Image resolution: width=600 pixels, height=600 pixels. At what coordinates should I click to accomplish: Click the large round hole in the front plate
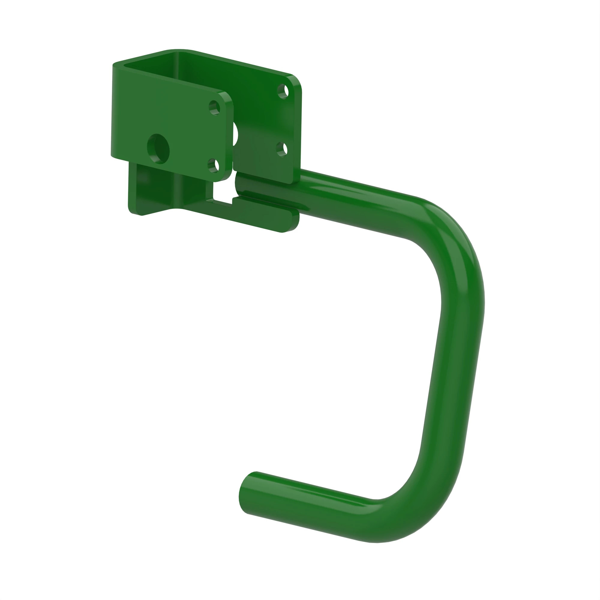click(158, 149)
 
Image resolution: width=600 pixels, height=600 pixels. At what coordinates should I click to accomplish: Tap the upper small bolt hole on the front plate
click(214, 108)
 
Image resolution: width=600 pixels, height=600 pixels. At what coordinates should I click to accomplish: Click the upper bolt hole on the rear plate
click(283, 91)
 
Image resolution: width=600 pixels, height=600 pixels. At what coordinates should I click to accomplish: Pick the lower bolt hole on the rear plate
click(282, 149)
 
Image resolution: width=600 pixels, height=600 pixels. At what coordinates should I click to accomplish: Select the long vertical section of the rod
click(450, 373)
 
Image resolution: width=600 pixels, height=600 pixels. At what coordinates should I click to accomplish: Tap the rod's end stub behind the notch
click(241, 185)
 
